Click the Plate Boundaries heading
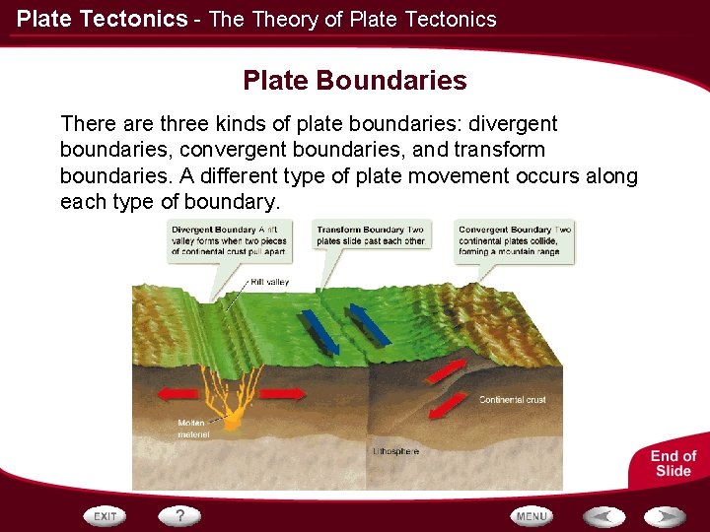pos(354,80)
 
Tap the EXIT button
pos(106,516)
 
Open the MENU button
pos(532,516)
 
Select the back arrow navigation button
pos(603,516)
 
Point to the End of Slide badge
pos(673,463)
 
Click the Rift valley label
pos(270,282)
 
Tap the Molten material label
pos(193,429)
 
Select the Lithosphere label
pos(395,451)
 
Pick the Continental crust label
pos(512,400)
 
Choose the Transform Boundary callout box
pos(371,235)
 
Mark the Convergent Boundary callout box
pos(514,240)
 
